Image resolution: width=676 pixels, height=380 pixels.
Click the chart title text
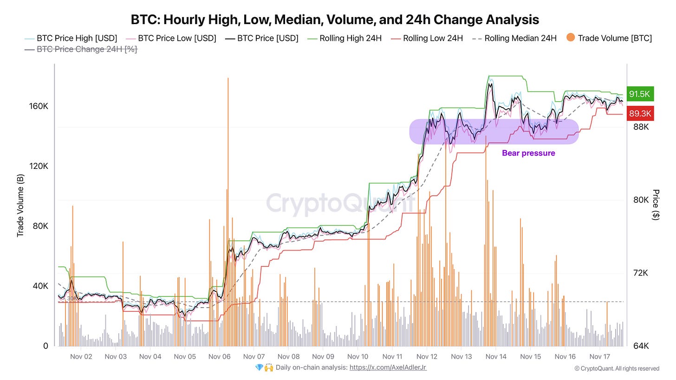point(335,19)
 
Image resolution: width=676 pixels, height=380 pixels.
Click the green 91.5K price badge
point(639,94)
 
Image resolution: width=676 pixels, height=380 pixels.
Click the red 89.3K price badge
point(639,113)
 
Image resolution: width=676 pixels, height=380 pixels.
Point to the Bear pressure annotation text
point(528,153)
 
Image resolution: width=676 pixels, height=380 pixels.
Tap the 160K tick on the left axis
point(39,106)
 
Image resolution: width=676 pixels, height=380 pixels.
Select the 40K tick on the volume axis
point(39,286)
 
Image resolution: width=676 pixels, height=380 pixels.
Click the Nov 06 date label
point(220,357)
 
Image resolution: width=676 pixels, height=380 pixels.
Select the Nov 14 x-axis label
point(496,357)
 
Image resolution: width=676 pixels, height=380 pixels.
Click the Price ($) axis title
point(656,205)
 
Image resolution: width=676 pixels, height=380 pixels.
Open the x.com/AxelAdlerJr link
point(388,367)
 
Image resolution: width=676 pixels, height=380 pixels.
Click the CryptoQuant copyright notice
point(617,368)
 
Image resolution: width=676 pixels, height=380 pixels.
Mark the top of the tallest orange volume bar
point(228,78)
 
